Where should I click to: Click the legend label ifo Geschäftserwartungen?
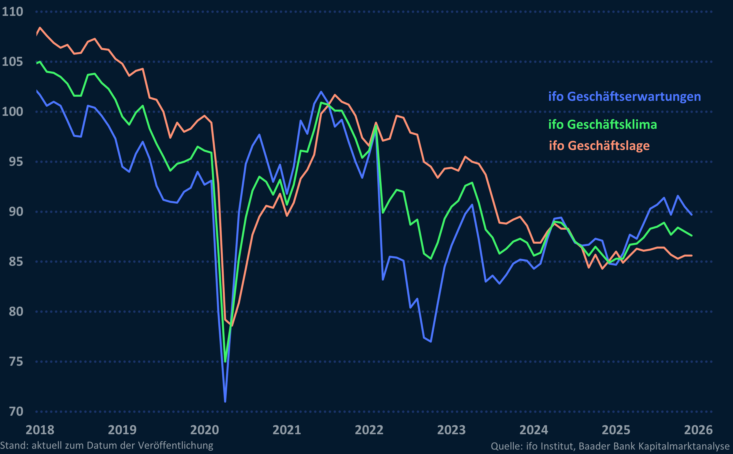click(624, 97)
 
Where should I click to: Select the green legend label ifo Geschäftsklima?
click(602, 124)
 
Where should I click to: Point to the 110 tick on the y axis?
click(13, 12)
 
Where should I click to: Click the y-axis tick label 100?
click(13, 112)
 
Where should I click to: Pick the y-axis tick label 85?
click(16, 261)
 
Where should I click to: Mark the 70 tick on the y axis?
click(16, 411)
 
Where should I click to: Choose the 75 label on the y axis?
click(16, 362)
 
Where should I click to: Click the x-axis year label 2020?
click(205, 430)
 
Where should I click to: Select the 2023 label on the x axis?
click(451, 430)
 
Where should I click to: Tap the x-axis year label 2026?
click(698, 430)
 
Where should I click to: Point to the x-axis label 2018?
click(40, 430)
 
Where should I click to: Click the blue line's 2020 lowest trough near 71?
click(225, 401)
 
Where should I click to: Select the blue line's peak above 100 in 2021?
click(321, 92)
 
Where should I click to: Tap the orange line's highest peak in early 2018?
click(40, 28)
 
